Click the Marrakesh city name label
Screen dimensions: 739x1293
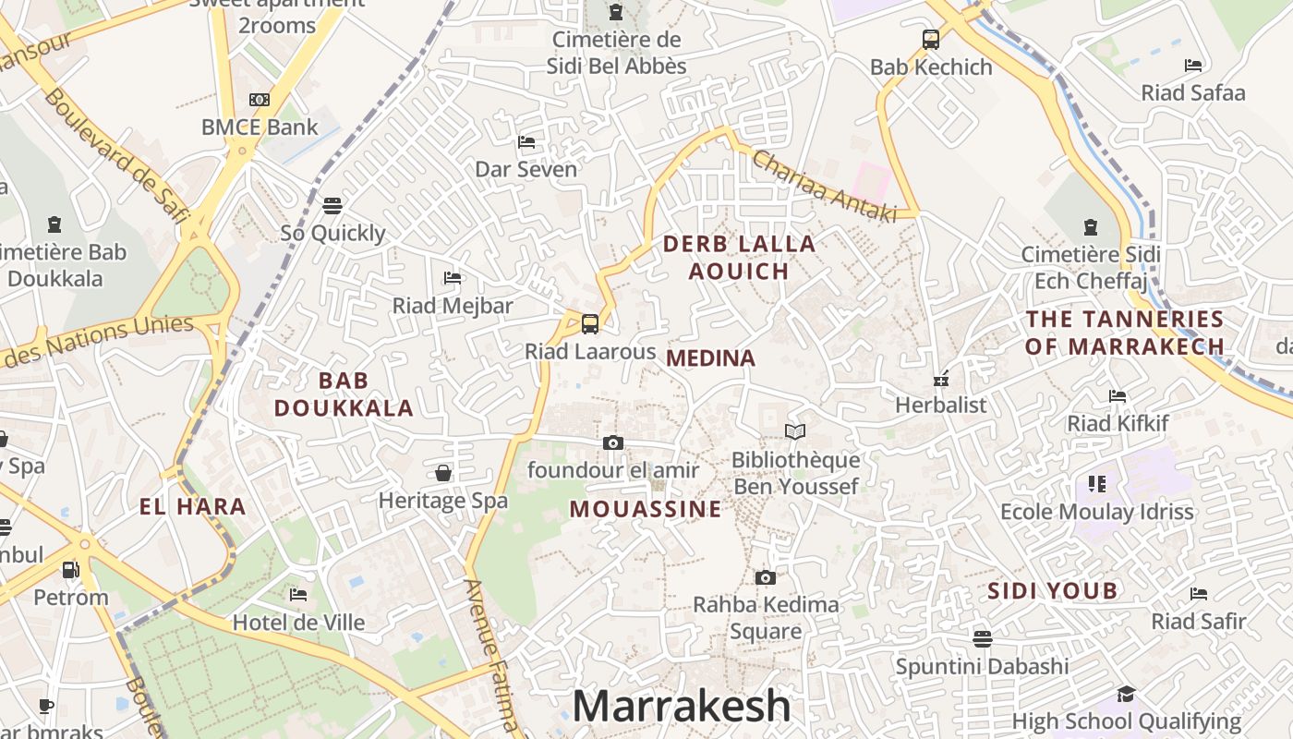[682, 707]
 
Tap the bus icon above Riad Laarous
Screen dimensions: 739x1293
[590, 324]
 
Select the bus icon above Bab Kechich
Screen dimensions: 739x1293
[931, 40]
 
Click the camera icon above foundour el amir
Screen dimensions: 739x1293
[612, 443]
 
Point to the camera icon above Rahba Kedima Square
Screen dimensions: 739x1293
[765, 578]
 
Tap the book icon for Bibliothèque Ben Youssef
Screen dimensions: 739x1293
[794, 431]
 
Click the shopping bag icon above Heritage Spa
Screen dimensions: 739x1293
[443, 474]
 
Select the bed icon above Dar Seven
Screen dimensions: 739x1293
[526, 142]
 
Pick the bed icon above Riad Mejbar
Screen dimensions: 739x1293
[453, 277]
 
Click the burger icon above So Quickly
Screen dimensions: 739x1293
[332, 205]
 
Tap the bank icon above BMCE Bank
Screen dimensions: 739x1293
[260, 100]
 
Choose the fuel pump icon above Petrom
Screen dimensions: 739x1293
[71, 570]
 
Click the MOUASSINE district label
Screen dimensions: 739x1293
[646, 509]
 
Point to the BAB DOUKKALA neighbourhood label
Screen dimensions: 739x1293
[344, 394]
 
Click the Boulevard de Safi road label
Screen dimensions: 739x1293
[116, 157]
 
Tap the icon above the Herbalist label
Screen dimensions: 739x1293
[941, 379]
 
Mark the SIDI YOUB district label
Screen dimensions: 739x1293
[1053, 591]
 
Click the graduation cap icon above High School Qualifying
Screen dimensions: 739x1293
[1126, 695]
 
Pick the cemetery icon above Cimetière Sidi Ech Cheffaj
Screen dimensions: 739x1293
[1091, 226]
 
